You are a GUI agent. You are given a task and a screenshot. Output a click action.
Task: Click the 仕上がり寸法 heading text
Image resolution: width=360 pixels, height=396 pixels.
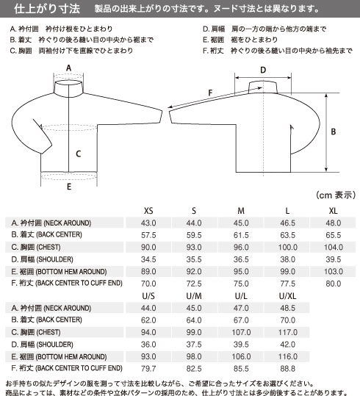(47, 9)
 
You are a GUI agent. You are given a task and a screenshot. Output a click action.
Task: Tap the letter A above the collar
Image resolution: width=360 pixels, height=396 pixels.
(69, 68)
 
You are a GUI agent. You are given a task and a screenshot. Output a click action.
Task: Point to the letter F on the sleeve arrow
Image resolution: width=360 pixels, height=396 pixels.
(210, 93)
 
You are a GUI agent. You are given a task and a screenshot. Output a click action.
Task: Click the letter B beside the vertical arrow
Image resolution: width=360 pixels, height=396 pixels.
(334, 132)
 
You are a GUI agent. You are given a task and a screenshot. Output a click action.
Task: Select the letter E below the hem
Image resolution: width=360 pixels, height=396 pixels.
(69, 187)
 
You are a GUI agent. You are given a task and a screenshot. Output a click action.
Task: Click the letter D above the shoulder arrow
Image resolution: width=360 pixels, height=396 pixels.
(263, 70)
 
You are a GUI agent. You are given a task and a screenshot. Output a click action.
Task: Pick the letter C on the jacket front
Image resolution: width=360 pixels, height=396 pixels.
(79, 154)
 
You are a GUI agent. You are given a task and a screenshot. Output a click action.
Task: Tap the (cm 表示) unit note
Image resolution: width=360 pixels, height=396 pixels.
(336, 195)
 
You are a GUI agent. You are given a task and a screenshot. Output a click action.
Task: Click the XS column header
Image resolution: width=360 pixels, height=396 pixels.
(148, 211)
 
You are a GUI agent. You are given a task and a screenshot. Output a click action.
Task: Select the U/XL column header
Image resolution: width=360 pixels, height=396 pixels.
(287, 296)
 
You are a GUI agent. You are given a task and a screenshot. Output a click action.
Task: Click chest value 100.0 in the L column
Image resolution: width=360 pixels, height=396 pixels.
(288, 248)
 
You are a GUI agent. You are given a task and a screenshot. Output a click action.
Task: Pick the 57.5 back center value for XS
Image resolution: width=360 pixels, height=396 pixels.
(148, 235)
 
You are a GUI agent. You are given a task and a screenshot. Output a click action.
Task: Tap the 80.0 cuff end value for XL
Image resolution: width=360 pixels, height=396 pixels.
(334, 284)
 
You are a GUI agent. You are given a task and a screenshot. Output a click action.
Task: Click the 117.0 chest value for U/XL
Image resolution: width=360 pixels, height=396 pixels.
(288, 332)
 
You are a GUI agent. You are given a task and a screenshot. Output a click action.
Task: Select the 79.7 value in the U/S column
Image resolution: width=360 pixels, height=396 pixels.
(148, 369)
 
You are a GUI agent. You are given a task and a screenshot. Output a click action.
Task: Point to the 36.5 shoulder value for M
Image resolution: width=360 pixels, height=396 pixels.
(241, 259)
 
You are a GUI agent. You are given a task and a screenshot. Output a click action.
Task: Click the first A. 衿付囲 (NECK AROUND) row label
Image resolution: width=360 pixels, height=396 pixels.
(51, 223)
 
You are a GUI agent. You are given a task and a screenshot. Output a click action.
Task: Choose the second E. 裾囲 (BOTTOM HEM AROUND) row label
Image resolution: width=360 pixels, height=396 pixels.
(59, 356)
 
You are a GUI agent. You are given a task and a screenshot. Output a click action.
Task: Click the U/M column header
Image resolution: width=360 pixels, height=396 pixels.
(194, 296)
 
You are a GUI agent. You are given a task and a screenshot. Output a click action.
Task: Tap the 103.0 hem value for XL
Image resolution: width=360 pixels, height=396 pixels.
(334, 272)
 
